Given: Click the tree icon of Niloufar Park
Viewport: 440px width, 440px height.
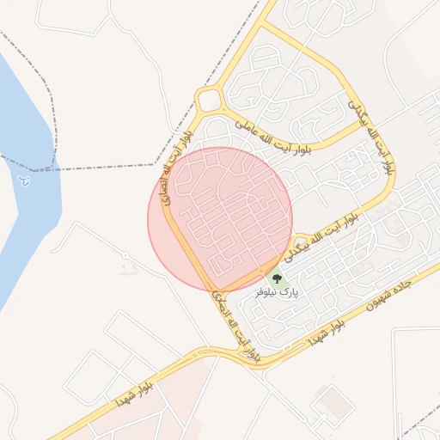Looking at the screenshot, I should (x=277, y=278).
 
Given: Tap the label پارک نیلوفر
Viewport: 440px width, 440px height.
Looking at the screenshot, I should (x=277, y=293).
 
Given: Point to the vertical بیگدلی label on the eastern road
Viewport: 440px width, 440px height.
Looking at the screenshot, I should (x=376, y=137).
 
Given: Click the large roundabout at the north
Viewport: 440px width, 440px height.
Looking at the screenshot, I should (x=209, y=100).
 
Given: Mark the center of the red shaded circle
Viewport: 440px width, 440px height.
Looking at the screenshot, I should (x=221, y=219).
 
